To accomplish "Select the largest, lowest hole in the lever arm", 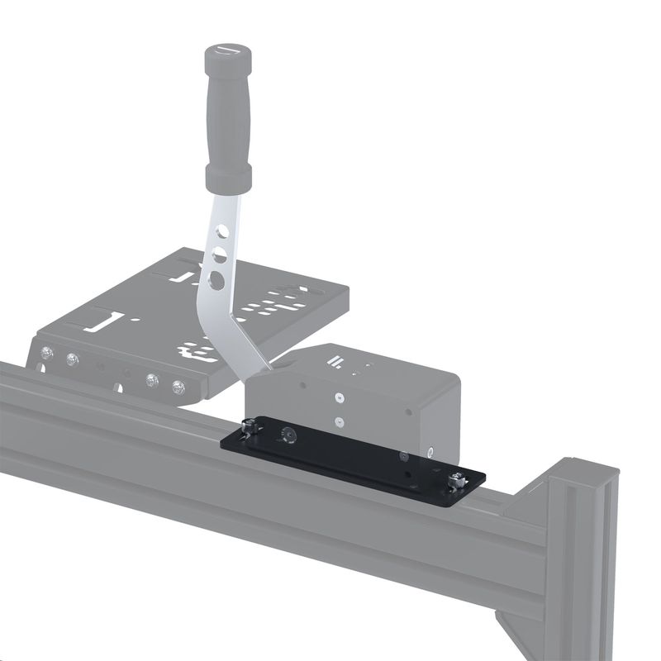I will point(216,280).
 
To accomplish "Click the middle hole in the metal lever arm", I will point(220,252).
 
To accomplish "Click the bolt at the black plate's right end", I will point(456,478).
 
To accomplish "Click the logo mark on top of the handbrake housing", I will point(335,360).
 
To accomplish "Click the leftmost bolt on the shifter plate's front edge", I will point(49,354).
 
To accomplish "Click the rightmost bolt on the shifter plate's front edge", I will point(178,387).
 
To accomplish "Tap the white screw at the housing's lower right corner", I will point(431,451).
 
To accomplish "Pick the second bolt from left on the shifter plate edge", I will point(74,359).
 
